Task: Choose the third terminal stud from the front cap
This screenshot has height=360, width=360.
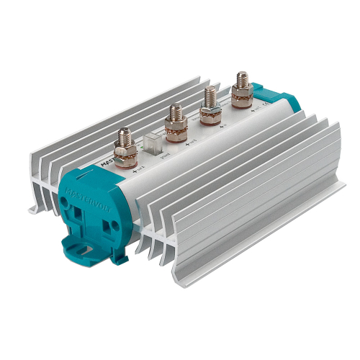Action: click(210, 102)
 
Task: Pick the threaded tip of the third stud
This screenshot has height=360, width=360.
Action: click(210, 92)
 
